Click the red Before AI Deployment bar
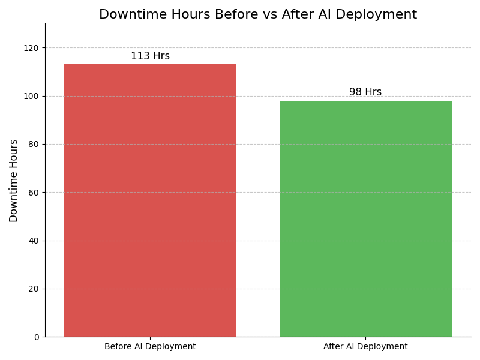click(x=150, y=200)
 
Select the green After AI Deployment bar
click(x=365, y=218)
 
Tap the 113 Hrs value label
click(x=150, y=56)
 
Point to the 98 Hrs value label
click(x=365, y=92)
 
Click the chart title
click(x=258, y=15)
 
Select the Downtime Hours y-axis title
click(x=14, y=181)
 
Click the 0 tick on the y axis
click(x=36, y=337)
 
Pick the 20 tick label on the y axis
click(x=34, y=289)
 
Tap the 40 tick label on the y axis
click(x=34, y=241)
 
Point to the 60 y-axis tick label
click(x=34, y=193)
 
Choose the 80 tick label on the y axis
click(x=34, y=145)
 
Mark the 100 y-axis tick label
click(x=31, y=96)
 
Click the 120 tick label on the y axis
click(x=31, y=48)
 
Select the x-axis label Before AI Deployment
click(x=150, y=347)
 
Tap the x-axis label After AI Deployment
click(x=365, y=347)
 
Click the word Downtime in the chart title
click(x=127, y=15)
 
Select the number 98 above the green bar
click(x=355, y=92)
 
